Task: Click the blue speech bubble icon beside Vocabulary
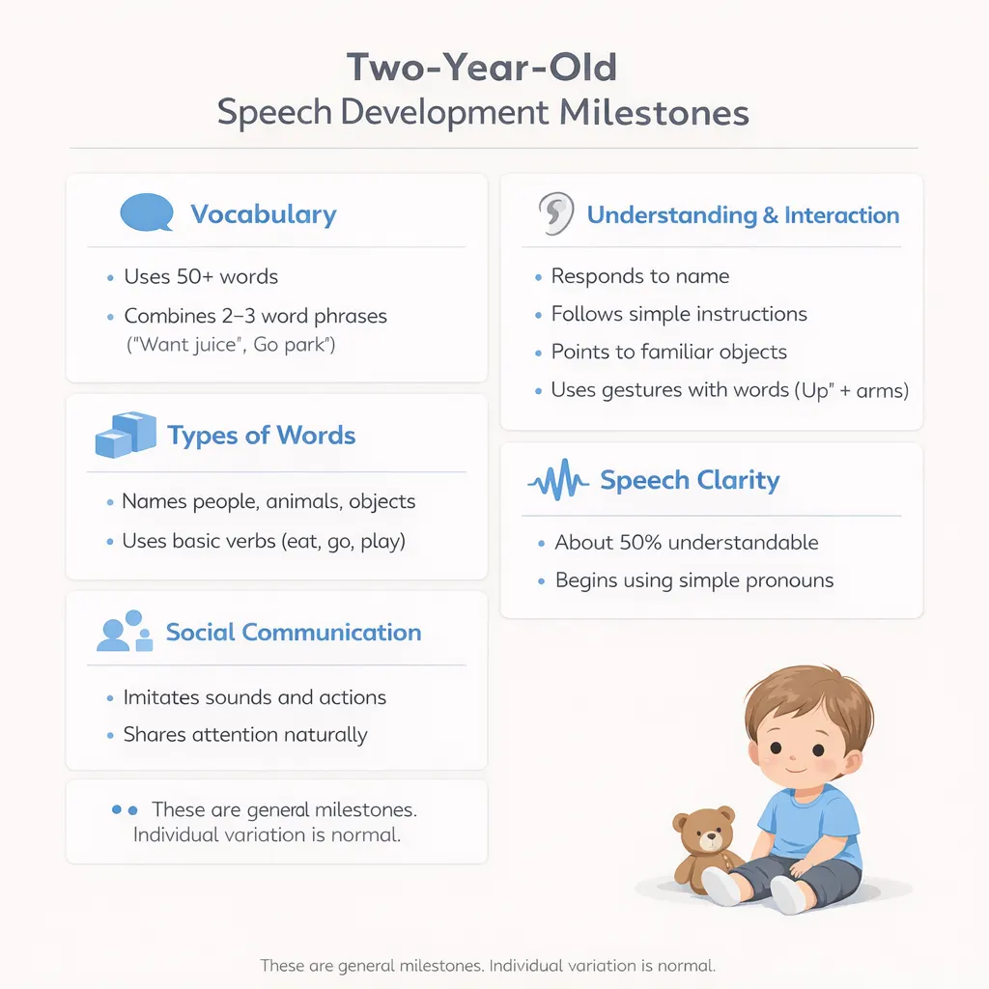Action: tap(146, 212)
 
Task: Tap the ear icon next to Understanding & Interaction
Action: tap(555, 214)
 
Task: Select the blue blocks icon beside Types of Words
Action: tap(126, 435)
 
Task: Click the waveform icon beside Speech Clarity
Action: tap(557, 480)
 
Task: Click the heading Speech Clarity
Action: tap(690, 480)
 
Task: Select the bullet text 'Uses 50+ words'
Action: tap(201, 277)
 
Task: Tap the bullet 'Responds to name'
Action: tap(639, 276)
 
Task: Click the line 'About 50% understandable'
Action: tap(686, 543)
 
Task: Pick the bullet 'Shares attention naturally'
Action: tap(245, 735)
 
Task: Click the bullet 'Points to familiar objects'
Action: tap(668, 352)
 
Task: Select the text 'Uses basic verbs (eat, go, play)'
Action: tap(264, 541)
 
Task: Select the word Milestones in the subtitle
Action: tap(654, 112)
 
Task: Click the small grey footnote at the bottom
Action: tap(488, 965)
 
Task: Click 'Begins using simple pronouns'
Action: tap(694, 580)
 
